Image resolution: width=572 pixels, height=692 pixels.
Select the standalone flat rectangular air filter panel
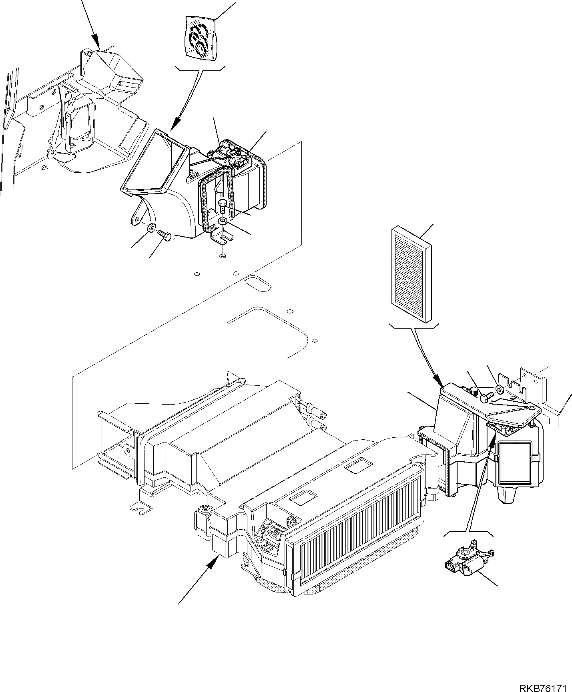pyautogui.click(x=411, y=274)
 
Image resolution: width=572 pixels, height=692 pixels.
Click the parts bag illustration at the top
pyautogui.click(x=199, y=39)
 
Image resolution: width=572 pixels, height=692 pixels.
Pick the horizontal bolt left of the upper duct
pyautogui.click(x=165, y=236)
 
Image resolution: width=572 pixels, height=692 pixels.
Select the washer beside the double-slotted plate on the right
pyautogui.click(x=499, y=388)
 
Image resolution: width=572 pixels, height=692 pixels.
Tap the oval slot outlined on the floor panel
pyautogui.click(x=258, y=283)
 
